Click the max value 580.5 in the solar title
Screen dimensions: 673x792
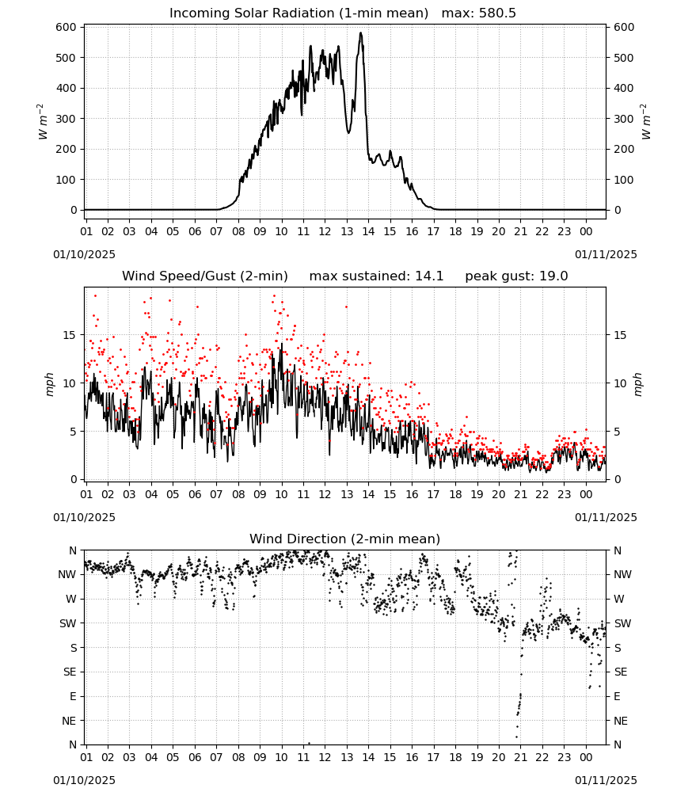497,13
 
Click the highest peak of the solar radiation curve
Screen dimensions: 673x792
360,32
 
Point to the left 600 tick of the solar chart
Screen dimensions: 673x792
67,27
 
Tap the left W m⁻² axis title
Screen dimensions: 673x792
43,122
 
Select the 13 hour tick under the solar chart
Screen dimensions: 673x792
347,231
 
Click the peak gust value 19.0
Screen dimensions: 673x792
554,276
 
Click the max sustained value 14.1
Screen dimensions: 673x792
429,276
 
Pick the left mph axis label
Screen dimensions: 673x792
49,384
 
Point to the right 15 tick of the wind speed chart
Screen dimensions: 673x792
620,335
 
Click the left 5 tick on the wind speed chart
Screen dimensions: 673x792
73,432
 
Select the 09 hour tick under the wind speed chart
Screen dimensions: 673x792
260,494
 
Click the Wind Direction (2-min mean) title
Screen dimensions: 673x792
345,539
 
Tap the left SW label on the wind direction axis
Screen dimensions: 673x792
67,623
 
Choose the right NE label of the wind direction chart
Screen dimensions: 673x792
621,721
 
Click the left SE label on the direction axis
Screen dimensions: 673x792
70,672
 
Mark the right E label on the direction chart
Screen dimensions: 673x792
617,696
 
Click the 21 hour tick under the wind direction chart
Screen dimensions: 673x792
520,757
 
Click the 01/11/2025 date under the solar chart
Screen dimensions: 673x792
606,254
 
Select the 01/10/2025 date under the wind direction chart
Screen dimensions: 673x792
84,780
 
